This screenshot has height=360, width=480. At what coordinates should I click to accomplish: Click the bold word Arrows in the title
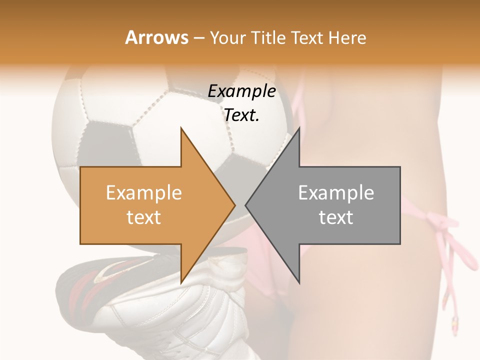(x=156, y=37)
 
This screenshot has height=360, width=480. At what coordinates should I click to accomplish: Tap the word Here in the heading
(x=347, y=37)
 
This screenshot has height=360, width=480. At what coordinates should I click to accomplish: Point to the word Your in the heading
(x=226, y=38)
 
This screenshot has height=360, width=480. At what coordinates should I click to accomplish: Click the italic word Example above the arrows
(x=241, y=91)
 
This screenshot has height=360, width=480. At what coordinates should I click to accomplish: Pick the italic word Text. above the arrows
(x=241, y=115)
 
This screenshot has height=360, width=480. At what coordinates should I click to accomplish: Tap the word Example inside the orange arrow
(x=144, y=193)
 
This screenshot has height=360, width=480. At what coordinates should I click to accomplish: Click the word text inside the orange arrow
(x=144, y=217)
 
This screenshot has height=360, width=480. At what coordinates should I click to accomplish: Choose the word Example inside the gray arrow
(x=336, y=193)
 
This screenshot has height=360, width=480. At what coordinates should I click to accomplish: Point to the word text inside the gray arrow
(x=336, y=217)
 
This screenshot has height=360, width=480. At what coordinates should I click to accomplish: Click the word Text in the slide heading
(x=309, y=37)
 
